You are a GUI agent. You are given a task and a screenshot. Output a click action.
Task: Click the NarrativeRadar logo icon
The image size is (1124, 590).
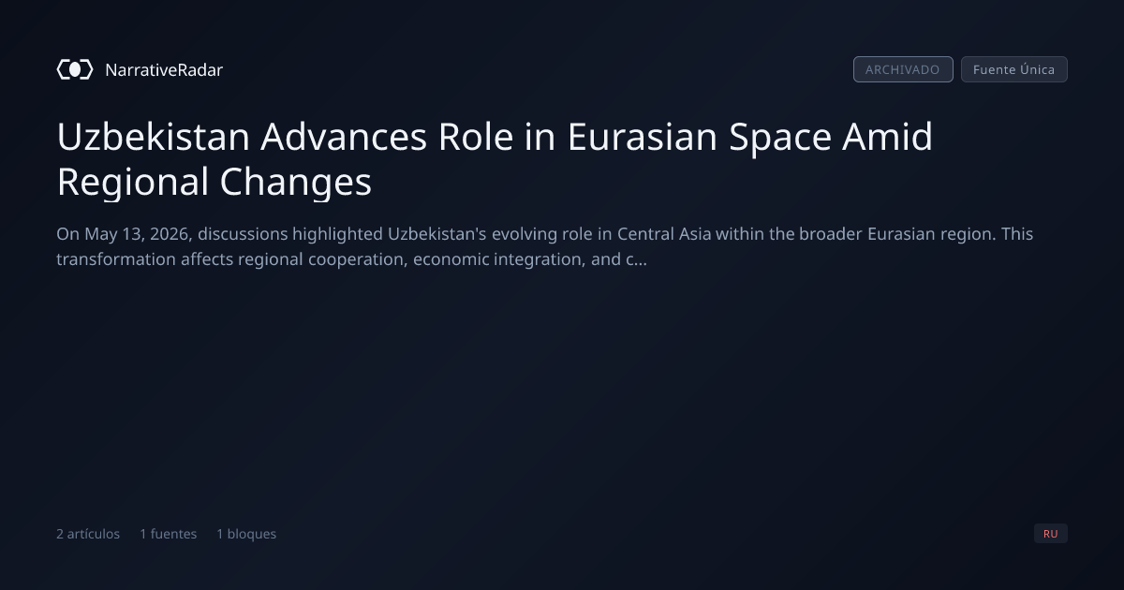(75, 69)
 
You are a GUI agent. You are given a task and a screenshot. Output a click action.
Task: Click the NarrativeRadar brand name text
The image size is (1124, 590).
(164, 70)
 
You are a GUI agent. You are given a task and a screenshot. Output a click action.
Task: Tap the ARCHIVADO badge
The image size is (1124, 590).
(903, 69)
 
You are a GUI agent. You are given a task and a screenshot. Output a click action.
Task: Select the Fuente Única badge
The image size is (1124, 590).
(1014, 69)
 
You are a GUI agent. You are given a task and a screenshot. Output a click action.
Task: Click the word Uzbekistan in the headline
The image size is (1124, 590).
(154, 137)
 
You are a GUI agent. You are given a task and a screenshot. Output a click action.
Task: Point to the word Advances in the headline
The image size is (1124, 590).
(344, 137)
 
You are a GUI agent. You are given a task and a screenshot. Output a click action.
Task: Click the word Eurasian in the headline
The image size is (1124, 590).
(643, 137)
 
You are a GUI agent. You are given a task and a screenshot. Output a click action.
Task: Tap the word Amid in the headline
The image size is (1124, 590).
(887, 137)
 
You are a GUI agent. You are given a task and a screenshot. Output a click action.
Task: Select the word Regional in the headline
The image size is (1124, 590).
(133, 182)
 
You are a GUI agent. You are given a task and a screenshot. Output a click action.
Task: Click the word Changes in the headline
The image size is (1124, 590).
(296, 182)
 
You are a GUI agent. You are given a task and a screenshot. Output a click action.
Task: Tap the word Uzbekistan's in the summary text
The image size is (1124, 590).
(437, 234)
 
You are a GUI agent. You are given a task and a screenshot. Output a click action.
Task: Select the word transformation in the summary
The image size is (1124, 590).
(116, 259)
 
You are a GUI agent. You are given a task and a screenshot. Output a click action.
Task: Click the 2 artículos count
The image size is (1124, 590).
(88, 534)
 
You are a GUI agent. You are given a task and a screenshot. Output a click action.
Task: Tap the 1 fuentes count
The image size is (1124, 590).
(168, 534)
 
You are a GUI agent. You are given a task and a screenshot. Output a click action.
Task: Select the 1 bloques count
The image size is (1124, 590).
(246, 534)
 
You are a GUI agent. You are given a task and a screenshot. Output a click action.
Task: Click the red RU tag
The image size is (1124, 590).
(1051, 533)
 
